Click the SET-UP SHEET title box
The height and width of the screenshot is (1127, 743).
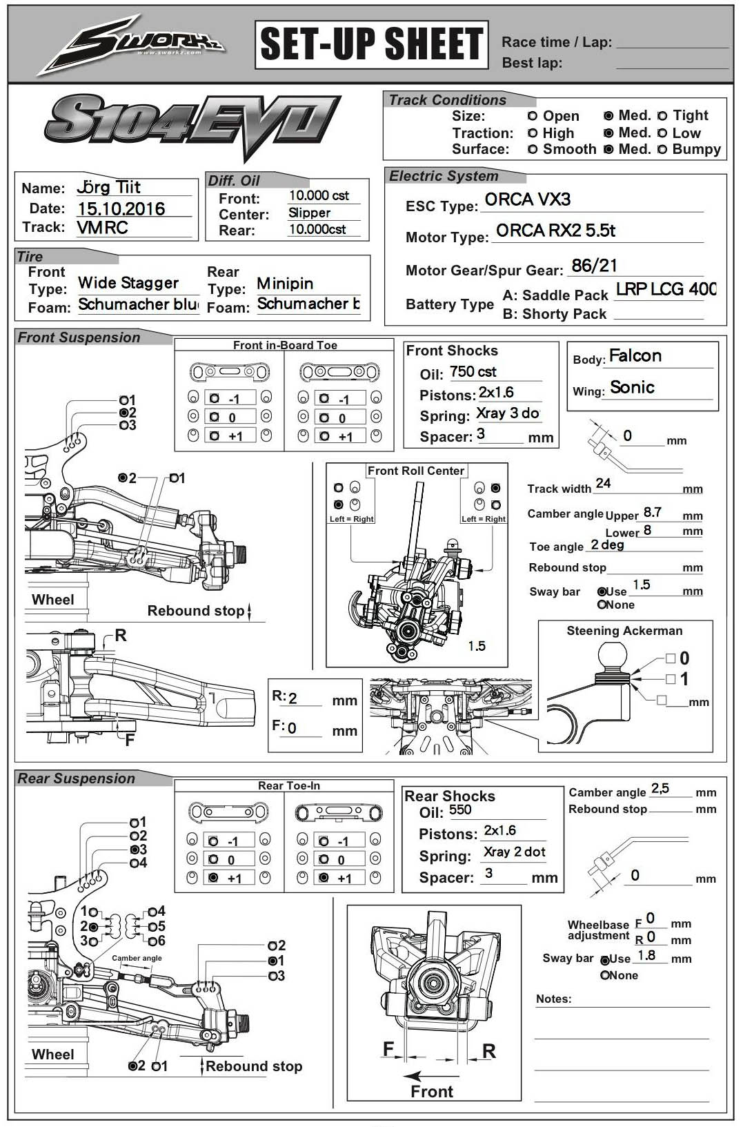pos(372,45)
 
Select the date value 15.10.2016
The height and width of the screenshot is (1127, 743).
pos(121,209)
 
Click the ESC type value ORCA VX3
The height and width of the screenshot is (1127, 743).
pos(528,200)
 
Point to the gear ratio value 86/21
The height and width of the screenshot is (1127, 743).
pos(594,266)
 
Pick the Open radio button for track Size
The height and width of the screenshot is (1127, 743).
pos(533,116)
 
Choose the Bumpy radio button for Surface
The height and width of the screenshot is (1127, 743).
pos(662,149)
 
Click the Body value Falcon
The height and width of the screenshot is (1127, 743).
pos(635,356)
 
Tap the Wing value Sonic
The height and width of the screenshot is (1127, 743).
pos(632,388)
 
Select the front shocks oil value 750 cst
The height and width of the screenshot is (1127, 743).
pos(473,372)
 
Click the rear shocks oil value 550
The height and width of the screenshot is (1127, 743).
pos(460,810)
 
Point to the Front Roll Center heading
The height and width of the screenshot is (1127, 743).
pos(416,471)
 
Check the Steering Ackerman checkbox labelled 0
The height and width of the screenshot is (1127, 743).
pos(671,658)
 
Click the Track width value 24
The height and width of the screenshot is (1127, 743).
pos(603,483)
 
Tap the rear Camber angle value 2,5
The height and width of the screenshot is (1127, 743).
pos(660,788)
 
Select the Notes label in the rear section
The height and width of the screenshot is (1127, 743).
pos(554,999)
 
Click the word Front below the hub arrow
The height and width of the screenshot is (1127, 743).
pos(432,1091)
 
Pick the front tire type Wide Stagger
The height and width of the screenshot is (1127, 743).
pos(128,283)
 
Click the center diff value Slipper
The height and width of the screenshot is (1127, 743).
pos(310,213)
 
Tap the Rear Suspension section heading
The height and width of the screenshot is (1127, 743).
pos(77,778)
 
